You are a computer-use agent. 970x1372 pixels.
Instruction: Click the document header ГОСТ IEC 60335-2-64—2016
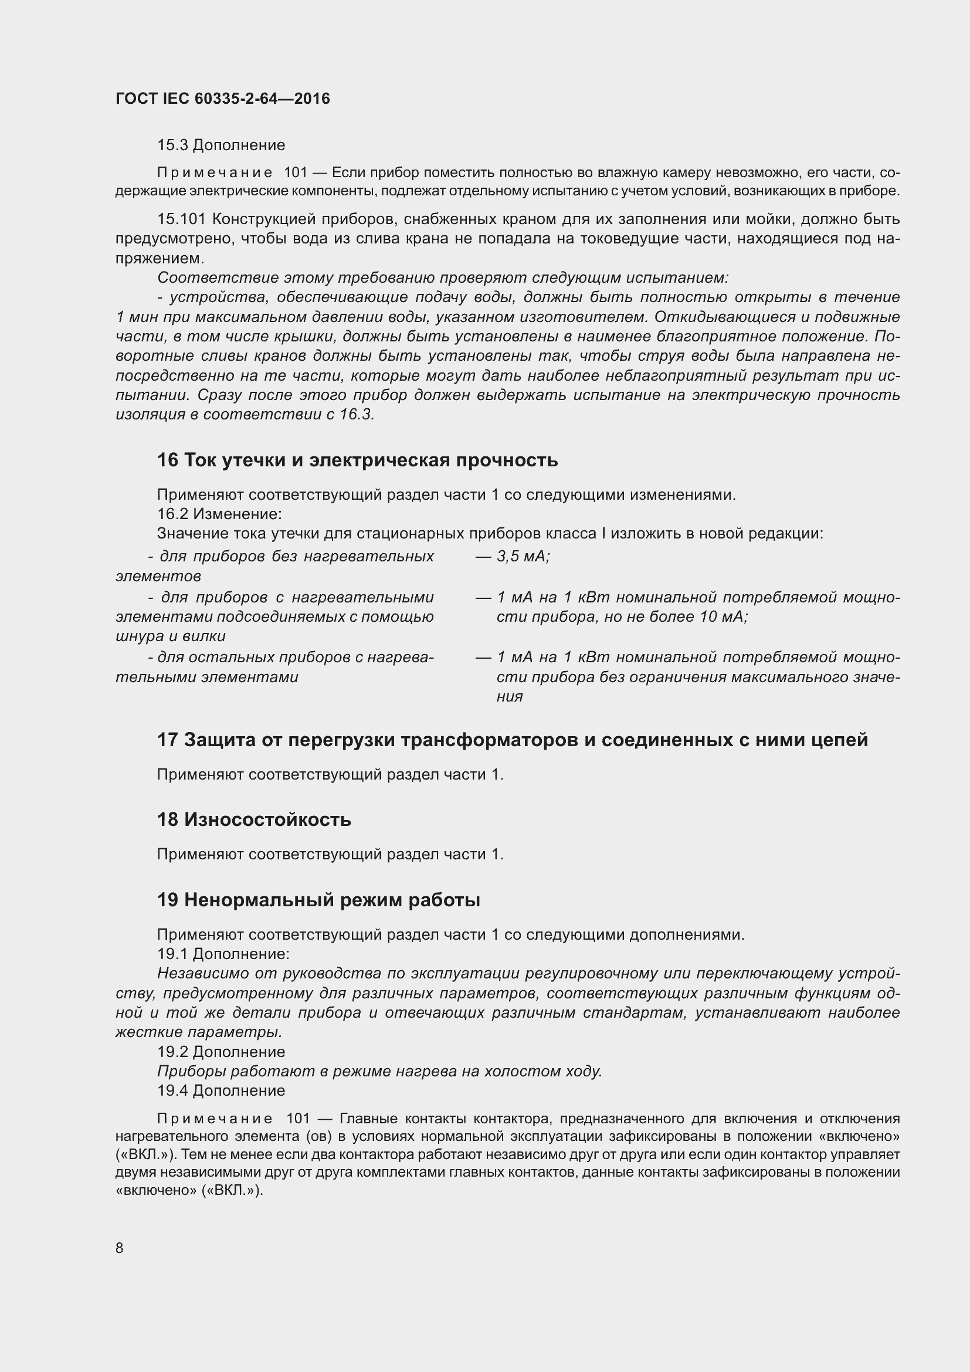pos(222,99)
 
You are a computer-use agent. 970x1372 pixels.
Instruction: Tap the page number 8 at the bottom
pos(120,1248)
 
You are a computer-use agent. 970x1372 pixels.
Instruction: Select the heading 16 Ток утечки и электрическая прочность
pos(357,460)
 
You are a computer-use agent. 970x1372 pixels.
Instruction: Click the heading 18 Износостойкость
pos(254,819)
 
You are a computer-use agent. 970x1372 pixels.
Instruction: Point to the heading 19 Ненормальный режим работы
pos(318,899)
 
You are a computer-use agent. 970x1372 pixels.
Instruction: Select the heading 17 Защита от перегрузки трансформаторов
pos(512,740)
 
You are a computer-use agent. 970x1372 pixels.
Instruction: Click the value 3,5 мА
pos(523,556)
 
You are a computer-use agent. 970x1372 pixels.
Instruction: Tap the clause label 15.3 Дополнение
pos(221,145)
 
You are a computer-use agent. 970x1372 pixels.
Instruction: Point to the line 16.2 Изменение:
pos(219,514)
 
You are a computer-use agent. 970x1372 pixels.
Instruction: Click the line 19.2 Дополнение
pos(221,1052)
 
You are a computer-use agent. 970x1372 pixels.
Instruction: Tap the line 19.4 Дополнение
pos(221,1090)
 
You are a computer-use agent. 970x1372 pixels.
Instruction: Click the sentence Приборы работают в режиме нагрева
pos(379,1072)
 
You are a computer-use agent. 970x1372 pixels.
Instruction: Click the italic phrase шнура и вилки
pos(171,636)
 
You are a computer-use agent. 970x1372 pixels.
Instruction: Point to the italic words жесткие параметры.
pos(199,1032)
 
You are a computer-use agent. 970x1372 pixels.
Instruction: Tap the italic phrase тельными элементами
pos(206,677)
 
